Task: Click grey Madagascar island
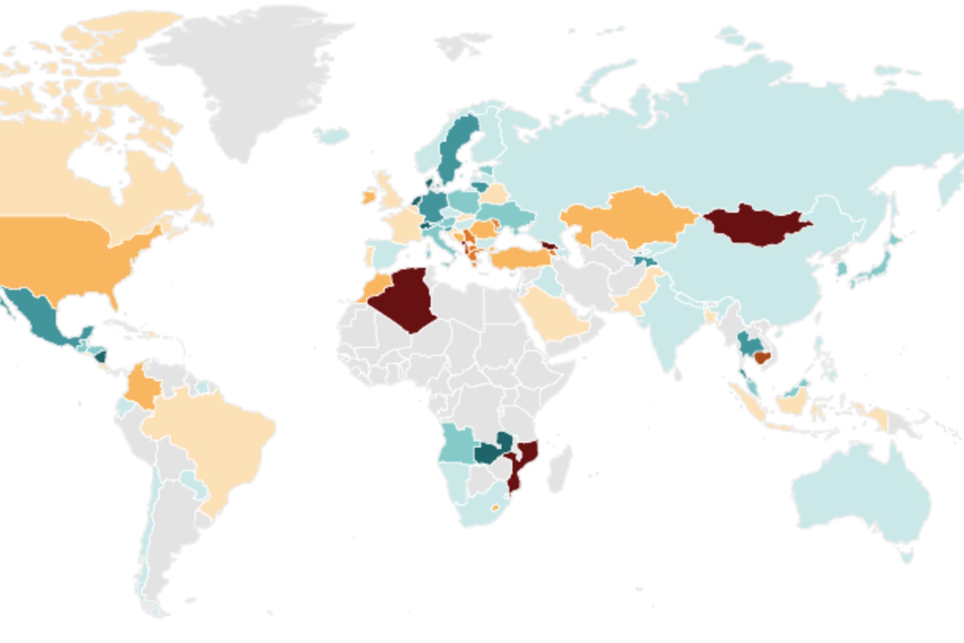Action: [560, 470]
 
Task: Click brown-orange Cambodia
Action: [763, 357]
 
